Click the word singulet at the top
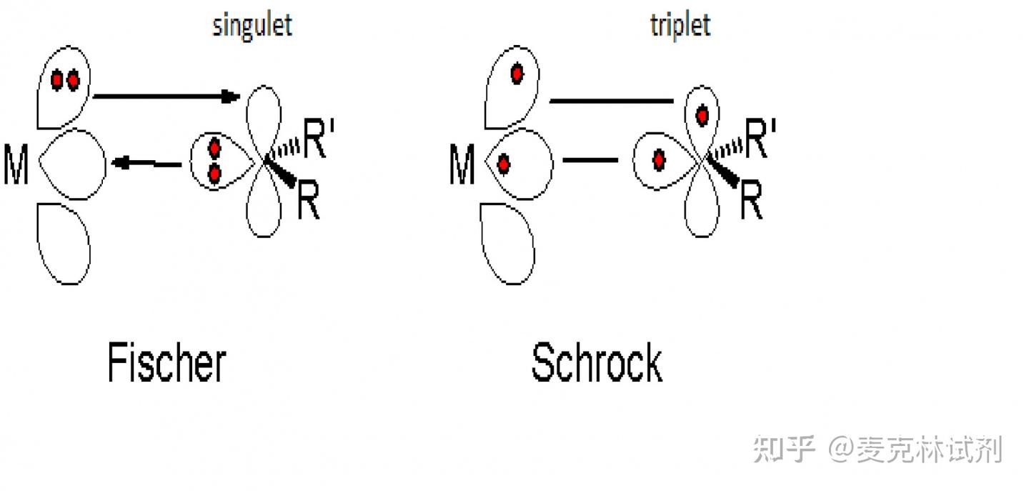point(252,25)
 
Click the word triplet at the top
point(680,25)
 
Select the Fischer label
point(166,362)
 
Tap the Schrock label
point(597,362)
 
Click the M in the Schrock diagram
point(462,165)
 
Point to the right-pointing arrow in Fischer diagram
point(166,96)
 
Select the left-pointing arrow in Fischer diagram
point(146,164)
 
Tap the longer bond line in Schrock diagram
point(611,101)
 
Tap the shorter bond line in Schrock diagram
point(590,159)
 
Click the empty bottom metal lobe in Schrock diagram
point(508,243)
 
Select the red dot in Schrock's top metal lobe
point(517,73)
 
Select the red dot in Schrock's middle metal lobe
point(503,164)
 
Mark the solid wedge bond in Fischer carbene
point(282,174)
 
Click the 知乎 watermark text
point(785,450)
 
